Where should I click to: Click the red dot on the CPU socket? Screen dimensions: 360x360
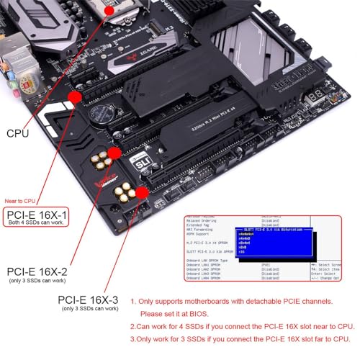pos(109,10)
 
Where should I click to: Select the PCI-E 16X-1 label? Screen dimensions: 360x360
pos(37,215)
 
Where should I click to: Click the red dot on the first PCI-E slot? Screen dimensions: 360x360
pos(75,95)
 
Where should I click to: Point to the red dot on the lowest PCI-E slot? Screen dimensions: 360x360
pos(142,192)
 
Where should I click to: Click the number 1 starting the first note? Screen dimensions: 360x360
pos(133,302)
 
